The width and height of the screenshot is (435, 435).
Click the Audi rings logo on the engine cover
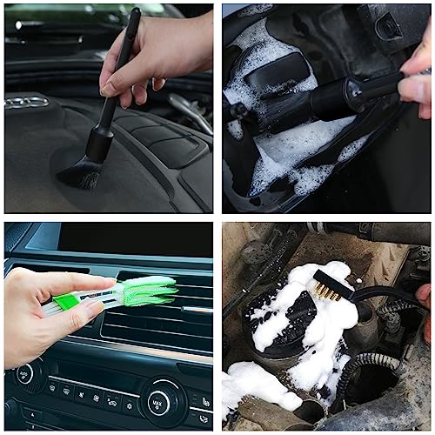(26, 102)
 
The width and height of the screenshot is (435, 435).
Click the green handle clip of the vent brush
(66, 302)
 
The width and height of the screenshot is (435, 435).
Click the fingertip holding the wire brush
(423, 297)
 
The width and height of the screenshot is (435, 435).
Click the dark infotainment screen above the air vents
(130, 239)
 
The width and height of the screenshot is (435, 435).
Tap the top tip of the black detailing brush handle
(135, 13)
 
